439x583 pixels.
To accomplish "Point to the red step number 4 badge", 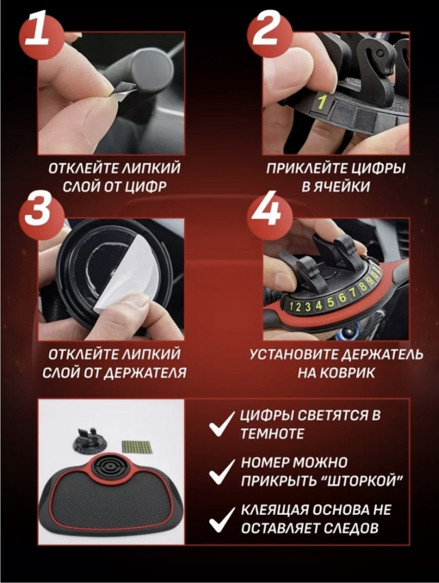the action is click(267, 211).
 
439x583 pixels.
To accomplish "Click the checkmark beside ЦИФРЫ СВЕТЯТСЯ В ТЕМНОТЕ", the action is click(222, 424).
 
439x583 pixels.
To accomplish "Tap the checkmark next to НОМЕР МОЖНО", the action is click(222, 472).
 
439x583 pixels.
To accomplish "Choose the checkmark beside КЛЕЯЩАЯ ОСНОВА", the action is click(222, 519).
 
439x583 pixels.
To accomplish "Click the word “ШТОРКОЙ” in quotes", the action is click(362, 481).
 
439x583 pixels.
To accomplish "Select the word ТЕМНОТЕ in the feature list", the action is click(273, 434).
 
